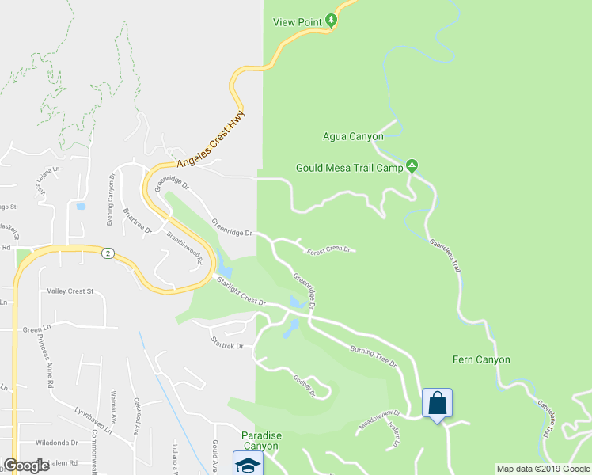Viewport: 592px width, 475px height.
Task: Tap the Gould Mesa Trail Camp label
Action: (349, 168)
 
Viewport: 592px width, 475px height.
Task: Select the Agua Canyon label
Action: (353, 136)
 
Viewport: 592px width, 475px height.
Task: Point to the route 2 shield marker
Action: (108, 253)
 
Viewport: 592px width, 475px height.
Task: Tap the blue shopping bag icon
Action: (437, 404)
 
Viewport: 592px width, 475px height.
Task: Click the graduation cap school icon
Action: (248, 464)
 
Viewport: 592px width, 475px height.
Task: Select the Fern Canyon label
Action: (481, 359)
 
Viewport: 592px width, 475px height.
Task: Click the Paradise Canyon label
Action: (261, 441)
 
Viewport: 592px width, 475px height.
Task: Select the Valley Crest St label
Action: (70, 291)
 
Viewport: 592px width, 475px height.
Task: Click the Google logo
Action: (26, 465)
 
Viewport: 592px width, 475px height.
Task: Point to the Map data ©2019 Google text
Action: (542, 469)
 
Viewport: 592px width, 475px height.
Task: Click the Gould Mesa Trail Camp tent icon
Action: (412, 166)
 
